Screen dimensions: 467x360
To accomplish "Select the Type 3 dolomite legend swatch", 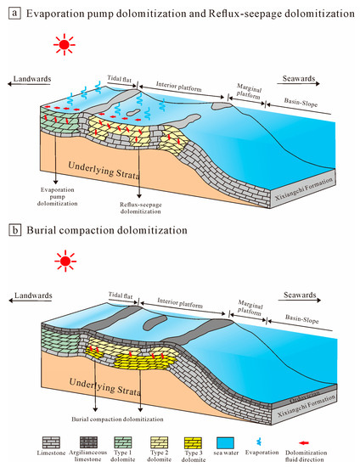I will [x=211, y=444].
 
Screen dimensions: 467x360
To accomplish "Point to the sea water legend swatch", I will [x=253, y=444].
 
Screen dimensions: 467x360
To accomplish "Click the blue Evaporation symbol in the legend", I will [x=294, y=444].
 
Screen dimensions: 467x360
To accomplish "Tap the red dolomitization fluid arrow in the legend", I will [x=335, y=442].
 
